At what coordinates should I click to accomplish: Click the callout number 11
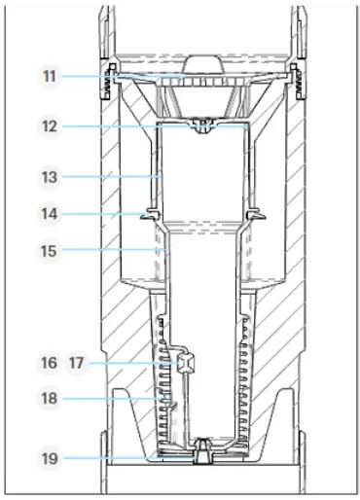[x=50, y=77]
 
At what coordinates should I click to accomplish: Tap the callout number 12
[x=50, y=126]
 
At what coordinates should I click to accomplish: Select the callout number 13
[x=50, y=177]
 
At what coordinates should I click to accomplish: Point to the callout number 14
[x=50, y=214]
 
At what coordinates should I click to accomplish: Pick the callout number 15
[x=49, y=251]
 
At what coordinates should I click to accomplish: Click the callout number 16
[x=49, y=363]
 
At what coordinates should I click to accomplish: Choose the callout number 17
[x=76, y=363]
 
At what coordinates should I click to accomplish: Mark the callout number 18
[x=50, y=398]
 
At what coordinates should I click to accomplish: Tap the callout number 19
[x=50, y=458]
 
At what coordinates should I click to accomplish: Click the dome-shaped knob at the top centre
[x=203, y=65]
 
